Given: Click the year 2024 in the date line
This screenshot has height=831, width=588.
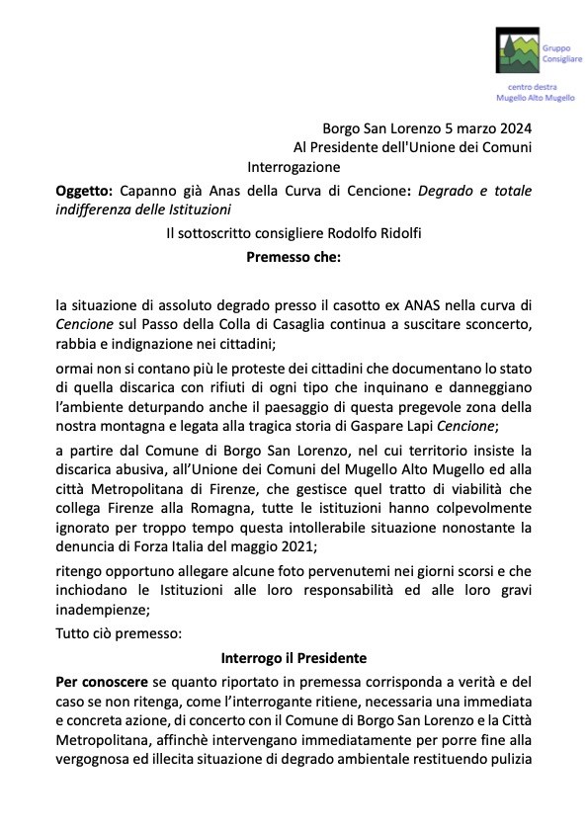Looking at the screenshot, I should [x=514, y=127].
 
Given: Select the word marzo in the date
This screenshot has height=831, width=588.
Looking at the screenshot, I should [x=469, y=127].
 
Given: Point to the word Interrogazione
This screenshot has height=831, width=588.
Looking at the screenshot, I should [x=294, y=167].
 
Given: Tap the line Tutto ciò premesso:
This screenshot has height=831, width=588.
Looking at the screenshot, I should [x=119, y=633].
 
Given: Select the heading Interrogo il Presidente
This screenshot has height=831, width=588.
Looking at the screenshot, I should [x=294, y=657].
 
